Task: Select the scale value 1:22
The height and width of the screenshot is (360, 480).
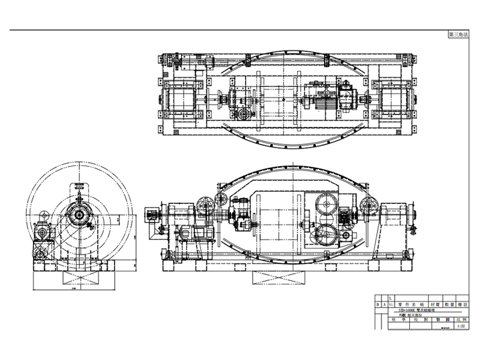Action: point(460,327)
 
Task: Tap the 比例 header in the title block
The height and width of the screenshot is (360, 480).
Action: point(460,321)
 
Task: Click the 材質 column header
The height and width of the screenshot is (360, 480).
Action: point(430,305)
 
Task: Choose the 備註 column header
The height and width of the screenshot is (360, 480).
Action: point(461,305)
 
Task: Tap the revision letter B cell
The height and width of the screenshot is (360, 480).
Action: point(377,305)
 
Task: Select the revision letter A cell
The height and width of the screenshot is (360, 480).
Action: point(385,305)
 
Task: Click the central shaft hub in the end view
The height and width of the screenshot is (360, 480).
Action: point(78,214)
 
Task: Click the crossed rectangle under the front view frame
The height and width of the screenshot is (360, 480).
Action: point(280,277)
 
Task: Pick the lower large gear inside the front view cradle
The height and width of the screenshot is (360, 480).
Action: point(325,235)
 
